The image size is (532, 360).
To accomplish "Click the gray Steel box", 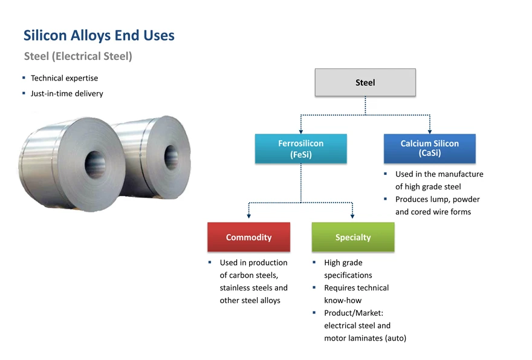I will [x=365, y=82].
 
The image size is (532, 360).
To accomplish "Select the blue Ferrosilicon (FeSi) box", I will [x=300, y=149].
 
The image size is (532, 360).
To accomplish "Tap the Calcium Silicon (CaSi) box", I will [x=429, y=149].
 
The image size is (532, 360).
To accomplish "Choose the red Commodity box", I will [x=248, y=237].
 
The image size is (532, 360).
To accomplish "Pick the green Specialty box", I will [x=352, y=237].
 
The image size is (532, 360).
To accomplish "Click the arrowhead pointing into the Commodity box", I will [x=248, y=216].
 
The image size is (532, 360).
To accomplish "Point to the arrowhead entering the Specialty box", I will [x=352, y=216].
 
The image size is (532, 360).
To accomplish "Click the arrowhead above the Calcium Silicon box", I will [x=429, y=130].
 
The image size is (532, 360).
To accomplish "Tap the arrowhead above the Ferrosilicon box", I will [x=300, y=130].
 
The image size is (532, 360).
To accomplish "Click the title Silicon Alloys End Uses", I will [x=99, y=36].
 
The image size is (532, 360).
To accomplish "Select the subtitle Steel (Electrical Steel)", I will [x=78, y=56].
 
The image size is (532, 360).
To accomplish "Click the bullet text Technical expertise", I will [x=64, y=78].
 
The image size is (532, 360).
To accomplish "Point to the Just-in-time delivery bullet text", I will [x=66, y=94].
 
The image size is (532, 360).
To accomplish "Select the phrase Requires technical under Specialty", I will [x=356, y=288].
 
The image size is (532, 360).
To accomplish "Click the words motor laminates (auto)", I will [x=365, y=338].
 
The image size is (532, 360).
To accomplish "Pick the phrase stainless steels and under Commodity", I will [x=253, y=288].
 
